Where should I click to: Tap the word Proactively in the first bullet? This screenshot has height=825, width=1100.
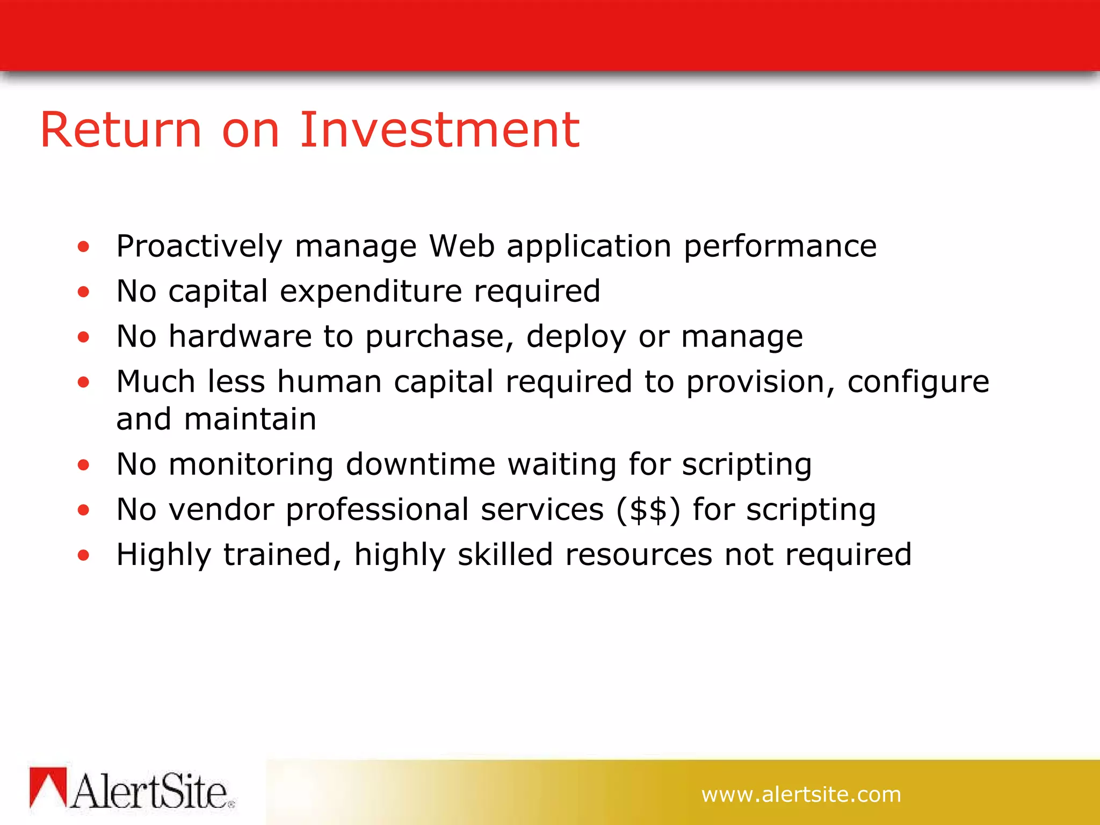coord(199,247)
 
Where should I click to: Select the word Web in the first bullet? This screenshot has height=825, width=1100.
coord(461,246)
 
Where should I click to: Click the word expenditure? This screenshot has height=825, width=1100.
coord(371,291)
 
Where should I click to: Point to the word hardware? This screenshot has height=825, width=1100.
coord(240,336)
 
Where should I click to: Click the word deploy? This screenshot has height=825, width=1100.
coord(576,337)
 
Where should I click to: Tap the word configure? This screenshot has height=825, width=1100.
coord(918,382)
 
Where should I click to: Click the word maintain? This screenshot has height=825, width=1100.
coord(250,419)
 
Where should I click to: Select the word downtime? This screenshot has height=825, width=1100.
coord(421,464)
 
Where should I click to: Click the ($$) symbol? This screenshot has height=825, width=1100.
coord(648,509)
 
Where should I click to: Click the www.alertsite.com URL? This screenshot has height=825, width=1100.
coord(801,794)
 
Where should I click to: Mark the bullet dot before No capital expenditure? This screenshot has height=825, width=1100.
coord(83,292)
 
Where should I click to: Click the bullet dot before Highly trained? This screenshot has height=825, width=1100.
coord(83,555)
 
